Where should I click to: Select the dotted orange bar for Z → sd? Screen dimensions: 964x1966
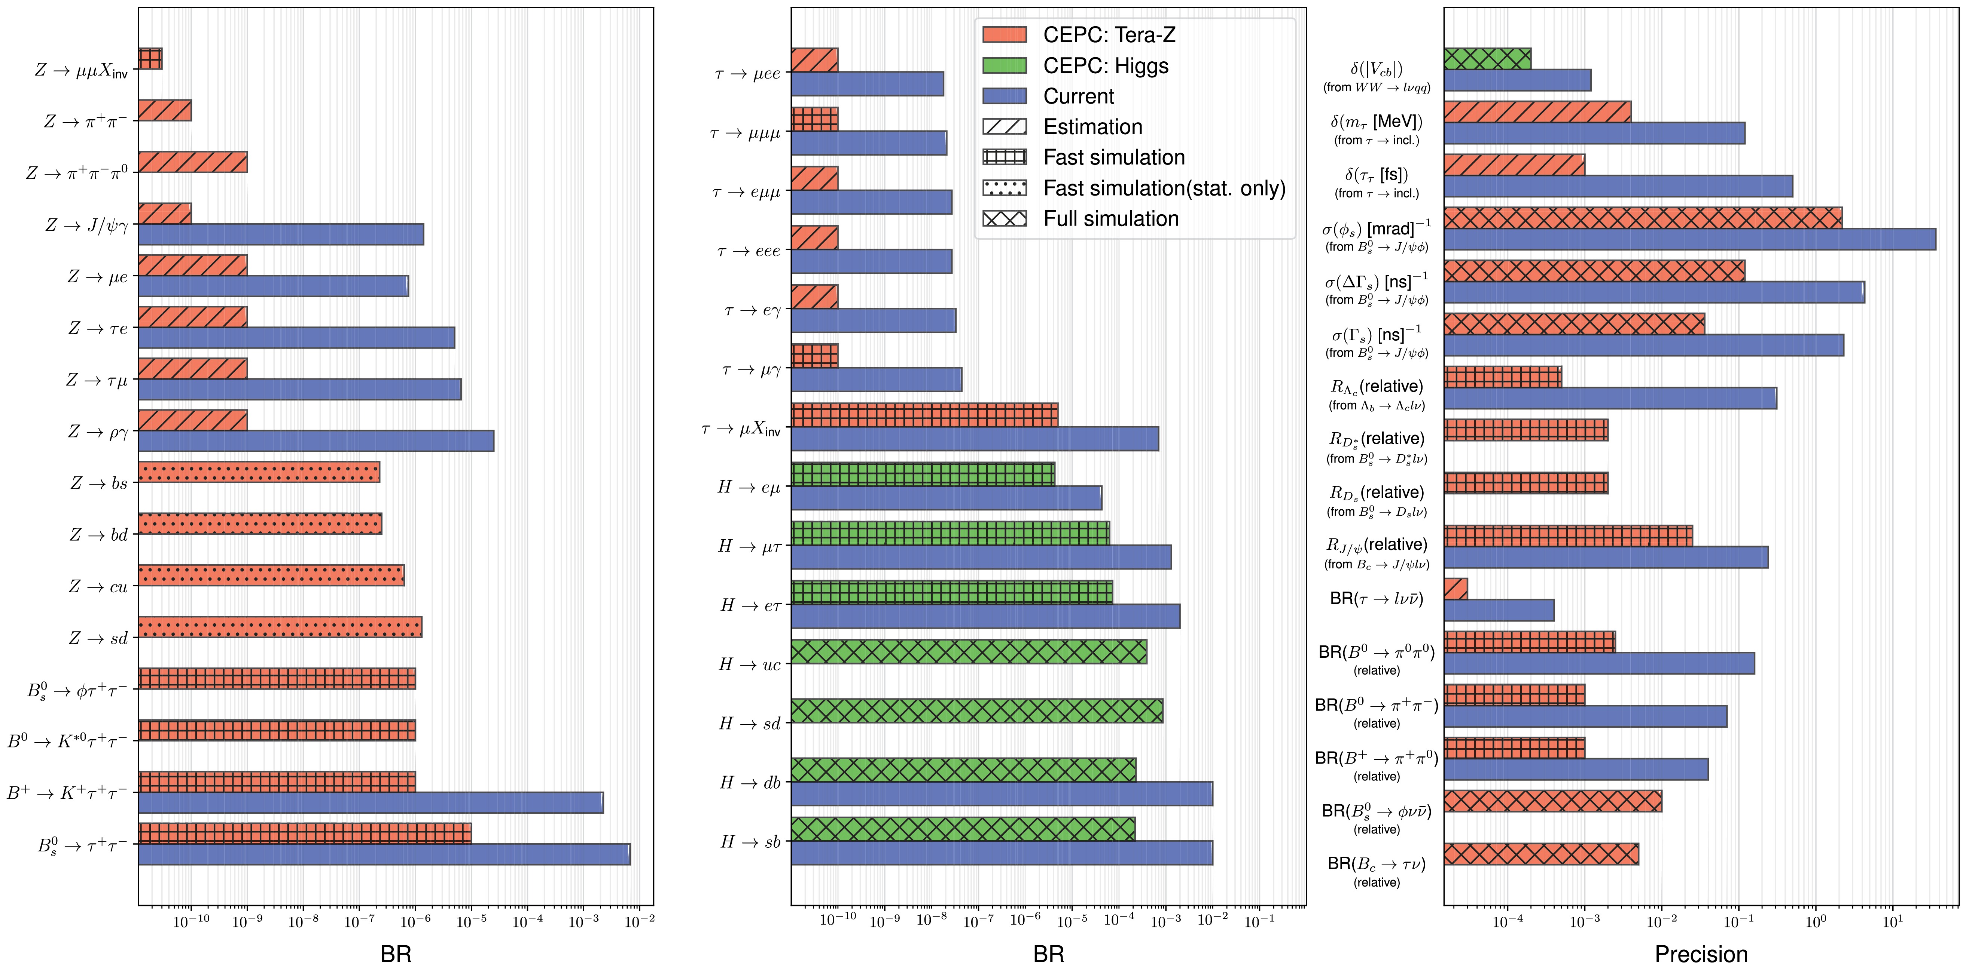(280, 627)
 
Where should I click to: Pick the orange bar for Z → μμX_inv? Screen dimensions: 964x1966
(150, 59)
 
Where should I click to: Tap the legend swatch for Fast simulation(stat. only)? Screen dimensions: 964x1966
(1005, 188)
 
